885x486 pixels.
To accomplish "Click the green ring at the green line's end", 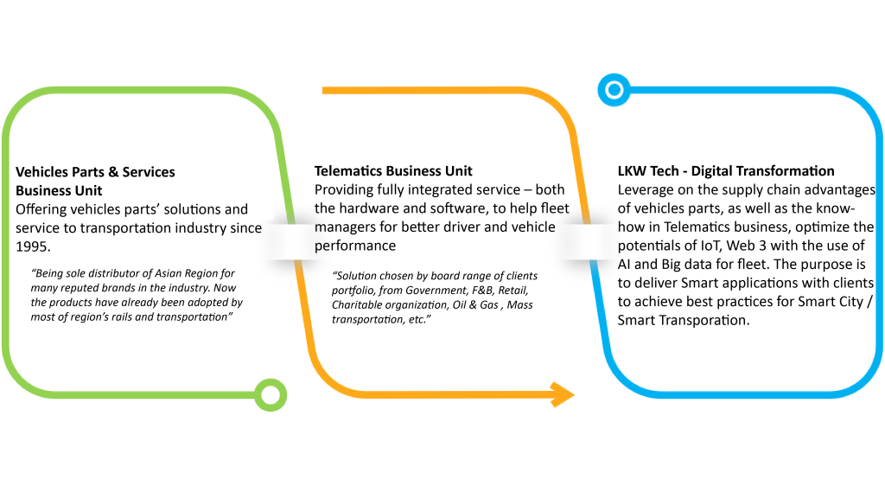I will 271,395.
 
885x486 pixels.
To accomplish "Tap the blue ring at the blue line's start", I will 613,88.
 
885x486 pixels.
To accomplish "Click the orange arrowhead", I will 563,394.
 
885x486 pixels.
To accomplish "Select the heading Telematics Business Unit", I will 393,171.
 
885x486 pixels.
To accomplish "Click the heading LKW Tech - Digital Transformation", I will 726,171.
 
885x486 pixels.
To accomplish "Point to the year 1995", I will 34,246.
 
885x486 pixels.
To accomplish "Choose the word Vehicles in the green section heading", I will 42,171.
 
